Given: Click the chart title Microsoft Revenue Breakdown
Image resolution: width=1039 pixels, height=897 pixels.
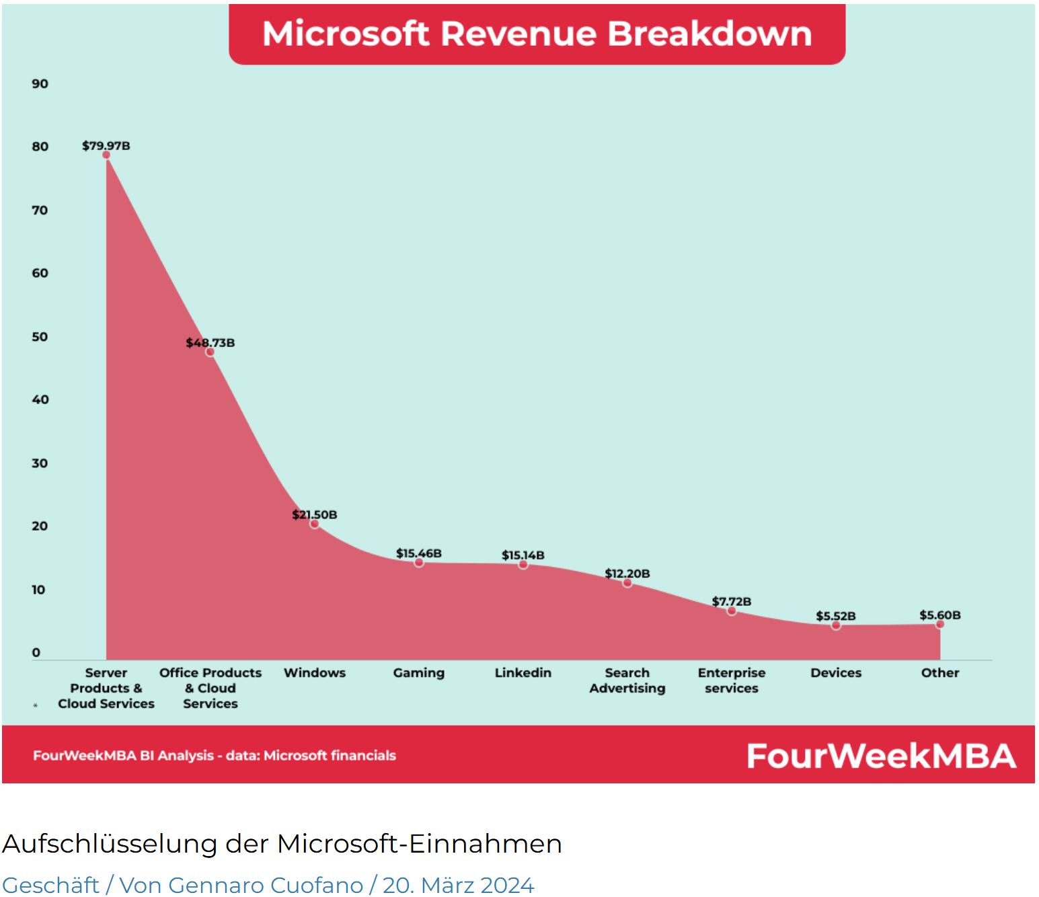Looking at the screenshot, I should click(537, 34).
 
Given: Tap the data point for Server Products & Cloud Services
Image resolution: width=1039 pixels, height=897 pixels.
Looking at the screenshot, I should click(106, 155).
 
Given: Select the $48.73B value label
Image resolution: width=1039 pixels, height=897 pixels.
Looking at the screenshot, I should click(210, 343).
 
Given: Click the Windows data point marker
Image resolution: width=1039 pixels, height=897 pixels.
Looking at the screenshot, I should click(314, 524).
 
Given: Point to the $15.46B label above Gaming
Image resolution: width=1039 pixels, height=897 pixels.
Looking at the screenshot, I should click(418, 553).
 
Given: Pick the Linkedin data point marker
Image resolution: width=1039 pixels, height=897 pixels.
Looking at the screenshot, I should click(523, 565).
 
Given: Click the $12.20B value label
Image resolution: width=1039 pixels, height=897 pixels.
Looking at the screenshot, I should click(627, 574).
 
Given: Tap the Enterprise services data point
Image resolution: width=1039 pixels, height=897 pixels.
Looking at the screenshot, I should click(732, 611).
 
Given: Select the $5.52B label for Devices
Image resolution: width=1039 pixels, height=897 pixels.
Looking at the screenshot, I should click(835, 616).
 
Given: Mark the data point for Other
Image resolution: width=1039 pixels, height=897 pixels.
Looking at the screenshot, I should click(940, 625).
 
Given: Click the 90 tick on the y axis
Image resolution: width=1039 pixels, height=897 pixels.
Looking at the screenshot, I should click(40, 84).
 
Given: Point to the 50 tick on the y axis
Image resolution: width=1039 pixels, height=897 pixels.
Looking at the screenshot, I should click(40, 337).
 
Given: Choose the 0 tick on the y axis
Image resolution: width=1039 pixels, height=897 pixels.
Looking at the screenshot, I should click(36, 652).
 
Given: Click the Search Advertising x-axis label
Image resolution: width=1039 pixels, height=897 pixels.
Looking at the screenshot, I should click(627, 680).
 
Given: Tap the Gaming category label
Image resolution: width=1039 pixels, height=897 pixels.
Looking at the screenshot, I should click(418, 672).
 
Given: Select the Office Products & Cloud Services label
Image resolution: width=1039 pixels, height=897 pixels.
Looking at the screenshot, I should click(210, 688).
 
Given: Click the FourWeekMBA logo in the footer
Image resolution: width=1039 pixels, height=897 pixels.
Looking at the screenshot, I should click(881, 756).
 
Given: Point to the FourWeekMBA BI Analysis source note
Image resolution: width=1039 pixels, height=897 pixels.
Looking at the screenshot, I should click(215, 756).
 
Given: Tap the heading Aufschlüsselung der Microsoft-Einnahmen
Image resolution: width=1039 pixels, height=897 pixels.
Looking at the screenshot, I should click(282, 844).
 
